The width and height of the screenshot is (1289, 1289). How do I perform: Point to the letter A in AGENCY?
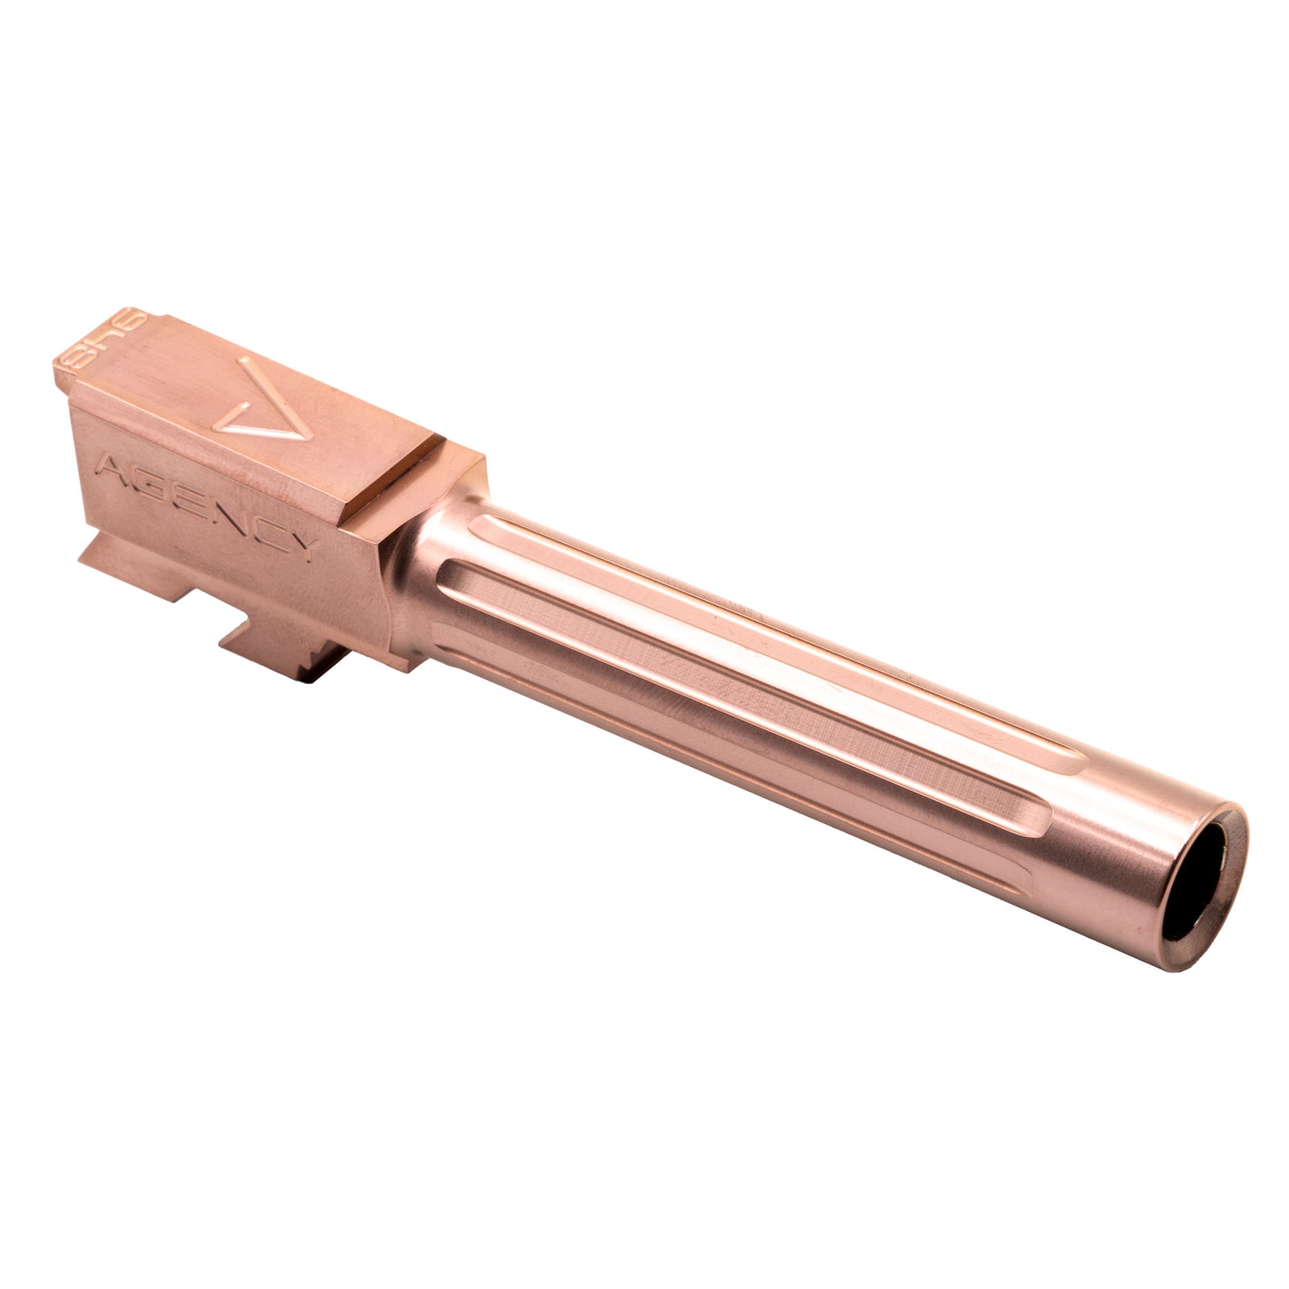pos(108,465)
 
